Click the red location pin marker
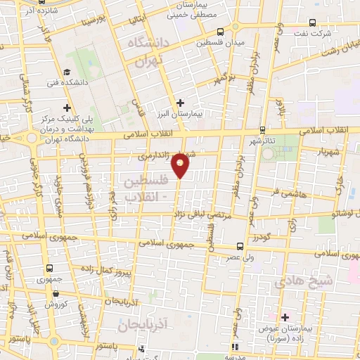[x=181, y=165]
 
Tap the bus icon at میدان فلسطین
[x=221, y=32]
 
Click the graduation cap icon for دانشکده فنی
[x=67, y=72]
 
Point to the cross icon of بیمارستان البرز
[x=181, y=103]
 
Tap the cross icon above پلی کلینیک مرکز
[x=67, y=108]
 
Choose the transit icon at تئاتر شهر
[x=262, y=129]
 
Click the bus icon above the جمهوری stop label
[x=49, y=268]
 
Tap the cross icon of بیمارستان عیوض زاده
[x=284, y=317]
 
